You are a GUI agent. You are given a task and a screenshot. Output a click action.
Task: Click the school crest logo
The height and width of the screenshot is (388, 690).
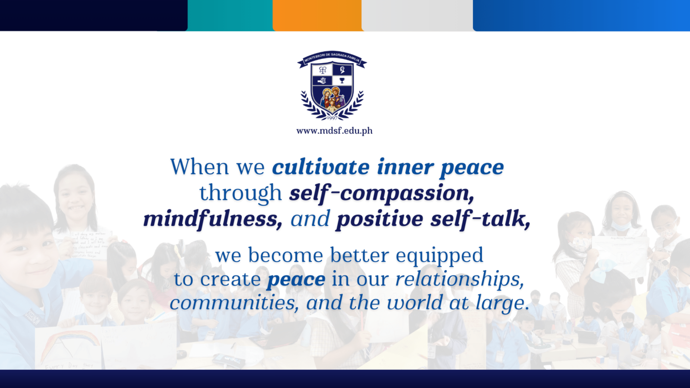pyautogui.click(x=332, y=89)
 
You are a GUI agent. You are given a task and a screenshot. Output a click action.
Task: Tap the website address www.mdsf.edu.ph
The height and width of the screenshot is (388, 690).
pyautogui.click(x=334, y=131)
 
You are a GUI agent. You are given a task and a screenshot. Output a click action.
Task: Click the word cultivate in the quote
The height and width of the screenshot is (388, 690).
pyautogui.click(x=320, y=167)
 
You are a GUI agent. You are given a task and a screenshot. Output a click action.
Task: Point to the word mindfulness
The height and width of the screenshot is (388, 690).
pyautogui.click(x=212, y=219)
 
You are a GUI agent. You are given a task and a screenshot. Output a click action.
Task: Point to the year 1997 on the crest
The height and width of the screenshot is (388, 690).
pyautogui.click(x=332, y=117)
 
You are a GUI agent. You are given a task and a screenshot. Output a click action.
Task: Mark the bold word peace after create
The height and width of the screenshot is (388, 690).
pyautogui.click(x=296, y=280)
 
